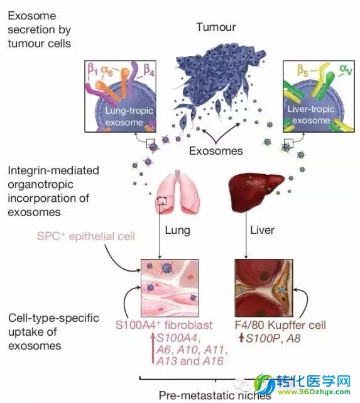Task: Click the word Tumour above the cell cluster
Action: [x=216, y=27]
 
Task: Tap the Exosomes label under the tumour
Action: [x=216, y=151]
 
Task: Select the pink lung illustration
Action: [x=178, y=191]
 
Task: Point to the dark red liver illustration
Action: [x=256, y=192]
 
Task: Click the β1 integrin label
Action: [x=92, y=69]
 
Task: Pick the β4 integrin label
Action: [x=149, y=70]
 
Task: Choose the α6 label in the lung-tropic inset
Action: [x=107, y=70]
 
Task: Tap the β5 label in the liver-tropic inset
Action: [x=302, y=70]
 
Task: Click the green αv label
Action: [x=346, y=69]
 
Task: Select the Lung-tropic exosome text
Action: [x=129, y=116]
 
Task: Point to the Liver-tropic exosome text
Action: [x=311, y=114]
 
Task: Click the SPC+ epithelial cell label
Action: [x=86, y=236]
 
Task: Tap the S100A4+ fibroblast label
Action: [x=164, y=325]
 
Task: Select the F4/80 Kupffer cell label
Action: [x=280, y=326]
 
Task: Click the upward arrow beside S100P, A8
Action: [x=241, y=338]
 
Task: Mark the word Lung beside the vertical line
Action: [x=177, y=230]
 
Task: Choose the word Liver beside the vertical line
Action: [x=262, y=230]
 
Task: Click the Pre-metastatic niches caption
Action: [x=215, y=395]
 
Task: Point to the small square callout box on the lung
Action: [x=162, y=201]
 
